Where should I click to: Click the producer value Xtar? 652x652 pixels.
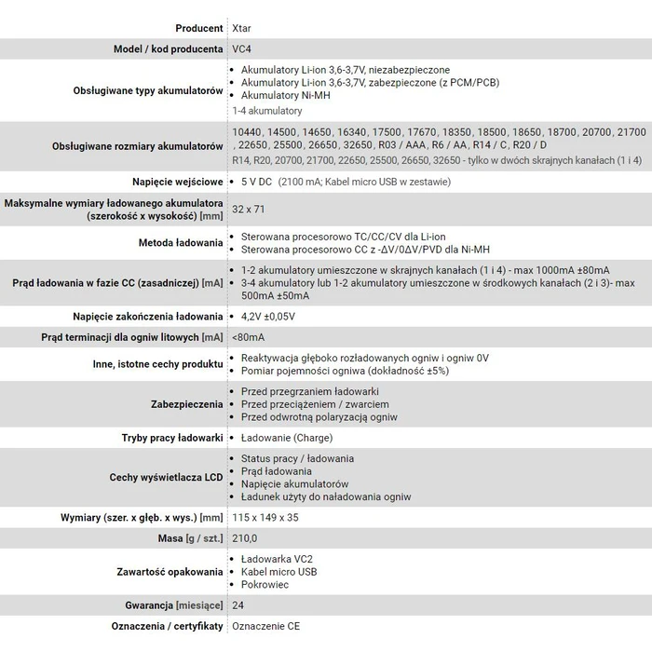pyautogui.click(x=240, y=28)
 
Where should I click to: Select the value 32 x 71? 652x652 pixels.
pyautogui.click(x=249, y=209)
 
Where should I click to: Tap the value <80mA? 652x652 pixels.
pyautogui.click(x=248, y=336)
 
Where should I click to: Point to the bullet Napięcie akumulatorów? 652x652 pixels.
pyautogui.click(x=294, y=484)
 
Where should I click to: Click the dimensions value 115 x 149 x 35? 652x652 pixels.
pyautogui.click(x=265, y=517)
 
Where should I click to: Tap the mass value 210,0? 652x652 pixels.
pyautogui.click(x=244, y=537)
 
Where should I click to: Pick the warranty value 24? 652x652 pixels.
pyautogui.click(x=238, y=604)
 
